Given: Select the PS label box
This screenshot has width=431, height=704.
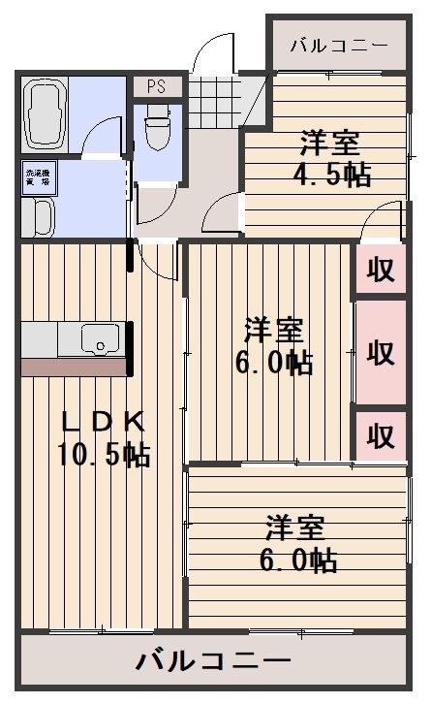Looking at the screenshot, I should point(155,86).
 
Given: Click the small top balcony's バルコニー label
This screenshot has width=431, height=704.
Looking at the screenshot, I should point(338,46).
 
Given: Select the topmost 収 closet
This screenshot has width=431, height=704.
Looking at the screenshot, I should point(381,271).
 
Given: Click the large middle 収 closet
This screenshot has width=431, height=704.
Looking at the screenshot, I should point(381,352).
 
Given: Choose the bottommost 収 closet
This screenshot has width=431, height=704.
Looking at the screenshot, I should point(381,435).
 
